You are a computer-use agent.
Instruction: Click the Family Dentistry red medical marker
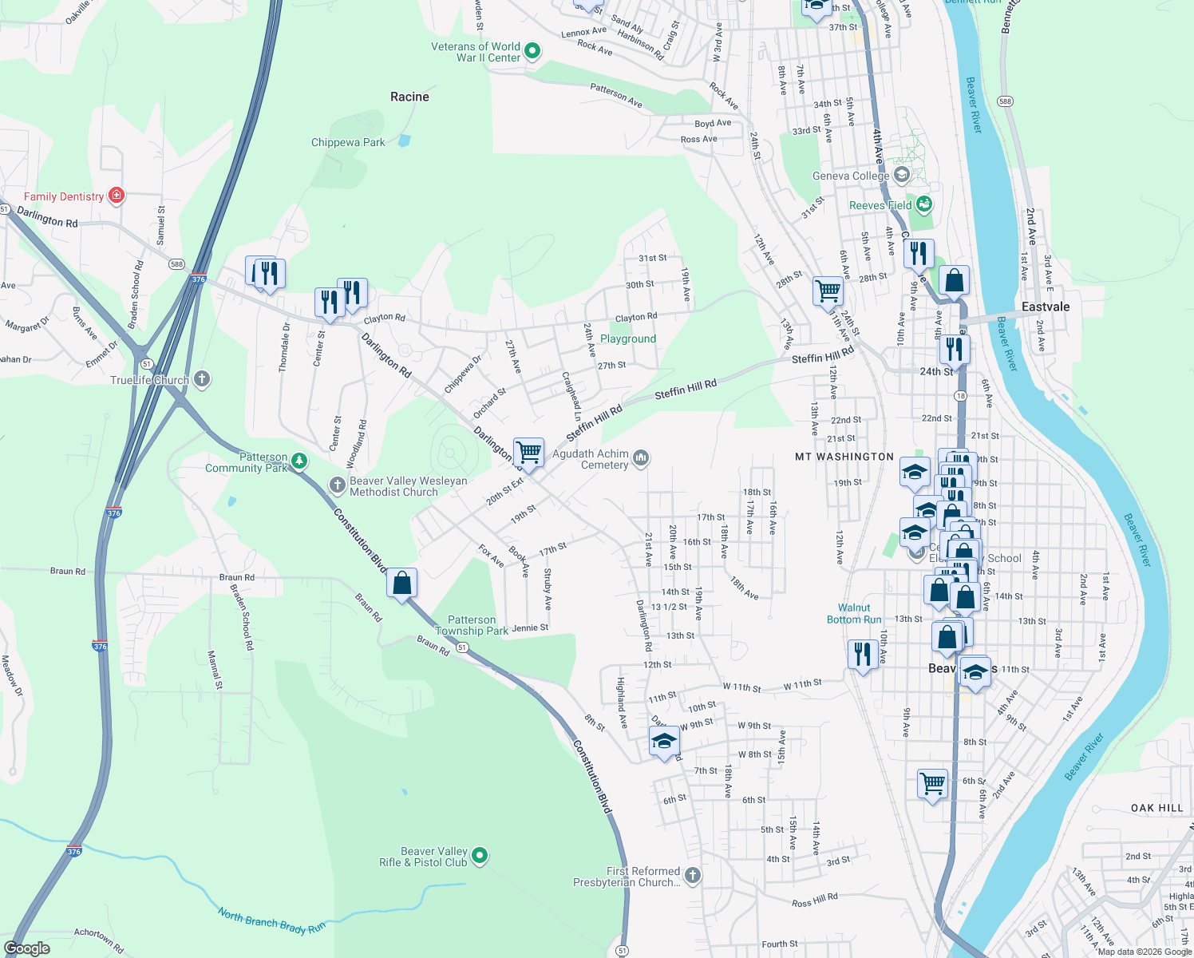pyautogui.click(x=117, y=195)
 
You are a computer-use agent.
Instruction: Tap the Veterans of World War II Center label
pyautogui.click(x=476, y=52)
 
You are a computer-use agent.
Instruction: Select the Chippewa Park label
pyautogui.click(x=348, y=142)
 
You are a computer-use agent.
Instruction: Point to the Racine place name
pyautogui.click(x=409, y=97)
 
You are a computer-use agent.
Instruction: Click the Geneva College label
pyautogui.click(x=851, y=176)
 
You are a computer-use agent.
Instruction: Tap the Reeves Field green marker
pyautogui.click(x=924, y=204)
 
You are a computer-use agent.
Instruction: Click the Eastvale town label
pyautogui.click(x=1046, y=307)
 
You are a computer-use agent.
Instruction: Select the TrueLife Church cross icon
pyautogui.click(x=202, y=379)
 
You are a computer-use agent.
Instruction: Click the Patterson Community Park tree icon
pyautogui.click(x=299, y=461)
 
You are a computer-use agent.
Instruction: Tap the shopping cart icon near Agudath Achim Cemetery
pyautogui.click(x=528, y=453)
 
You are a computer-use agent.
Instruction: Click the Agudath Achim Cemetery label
pyautogui.click(x=591, y=459)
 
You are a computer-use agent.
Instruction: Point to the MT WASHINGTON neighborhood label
pyautogui.click(x=844, y=457)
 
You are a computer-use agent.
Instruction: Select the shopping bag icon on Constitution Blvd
pyautogui.click(x=402, y=583)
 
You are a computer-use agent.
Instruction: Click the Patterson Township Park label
pyautogui.click(x=472, y=625)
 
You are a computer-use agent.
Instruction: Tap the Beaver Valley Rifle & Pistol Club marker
pyautogui.click(x=480, y=856)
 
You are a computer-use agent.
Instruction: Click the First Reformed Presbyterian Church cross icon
pyautogui.click(x=693, y=876)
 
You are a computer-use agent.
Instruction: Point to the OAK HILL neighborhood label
pyautogui.click(x=1156, y=808)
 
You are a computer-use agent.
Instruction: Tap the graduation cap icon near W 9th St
pyautogui.click(x=664, y=742)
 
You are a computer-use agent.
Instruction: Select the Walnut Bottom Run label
pyautogui.click(x=854, y=613)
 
